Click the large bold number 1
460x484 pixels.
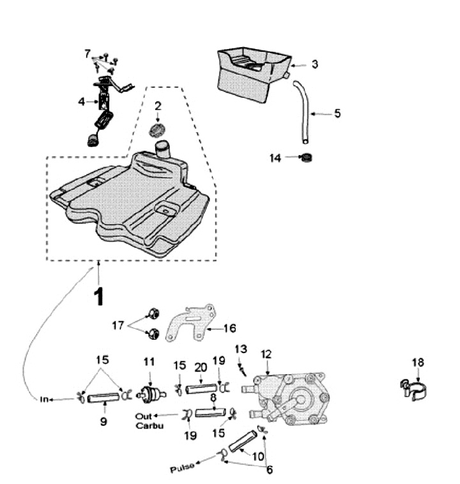pyautogui.click(x=99, y=297)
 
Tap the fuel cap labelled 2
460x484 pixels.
pyautogui.click(x=158, y=130)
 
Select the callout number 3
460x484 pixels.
pyautogui.click(x=314, y=64)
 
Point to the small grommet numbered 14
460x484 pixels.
pyautogui.click(x=307, y=158)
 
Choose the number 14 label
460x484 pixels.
pyautogui.click(x=275, y=158)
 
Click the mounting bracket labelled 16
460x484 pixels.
pyautogui.click(x=190, y=322)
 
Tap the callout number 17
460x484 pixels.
pyautogui.click(x=118, y=325)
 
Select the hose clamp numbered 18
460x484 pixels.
pyautogui.click(x=414, y=390)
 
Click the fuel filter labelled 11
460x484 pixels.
pyautogui.click(x=151, y=395)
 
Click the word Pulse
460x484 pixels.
pyautogui.click(x=182, y=468)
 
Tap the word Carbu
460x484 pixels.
pyautogui.click(x=149, y=426)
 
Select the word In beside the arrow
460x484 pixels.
pyautogui.click(x=44, y=399)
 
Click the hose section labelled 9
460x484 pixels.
pyautogui.click(x=103, y=398)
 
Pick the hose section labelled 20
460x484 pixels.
pyautogui.click(x=201, y=389)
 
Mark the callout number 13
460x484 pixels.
pyautogui.click(x=241, y=349)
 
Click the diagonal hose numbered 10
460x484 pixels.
pyautogui.click(x=243, y=442)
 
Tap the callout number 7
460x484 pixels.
pyautogui.click(x=88, y=54)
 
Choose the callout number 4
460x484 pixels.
pyautogui.click(x=82, y=102)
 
